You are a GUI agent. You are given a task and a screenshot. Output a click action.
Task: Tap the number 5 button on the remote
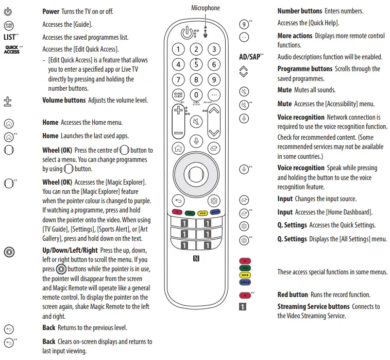[196, 64]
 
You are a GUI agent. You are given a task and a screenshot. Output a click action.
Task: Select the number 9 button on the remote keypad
[214, 80]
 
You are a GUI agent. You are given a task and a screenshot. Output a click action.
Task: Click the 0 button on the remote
[196, 95]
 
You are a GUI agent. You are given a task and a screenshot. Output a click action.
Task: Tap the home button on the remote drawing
[178, 148]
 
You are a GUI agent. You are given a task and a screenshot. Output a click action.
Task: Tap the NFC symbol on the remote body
[196, 258]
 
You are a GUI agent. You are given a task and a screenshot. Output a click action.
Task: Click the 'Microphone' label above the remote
[206, 8]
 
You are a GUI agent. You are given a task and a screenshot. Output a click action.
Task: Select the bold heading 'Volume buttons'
[63, 101]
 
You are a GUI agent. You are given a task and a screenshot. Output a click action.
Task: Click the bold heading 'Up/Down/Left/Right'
[69, 250]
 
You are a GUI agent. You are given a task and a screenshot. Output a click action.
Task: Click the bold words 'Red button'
[293, 294]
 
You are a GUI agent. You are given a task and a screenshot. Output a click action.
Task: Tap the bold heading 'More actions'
[295, 36]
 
